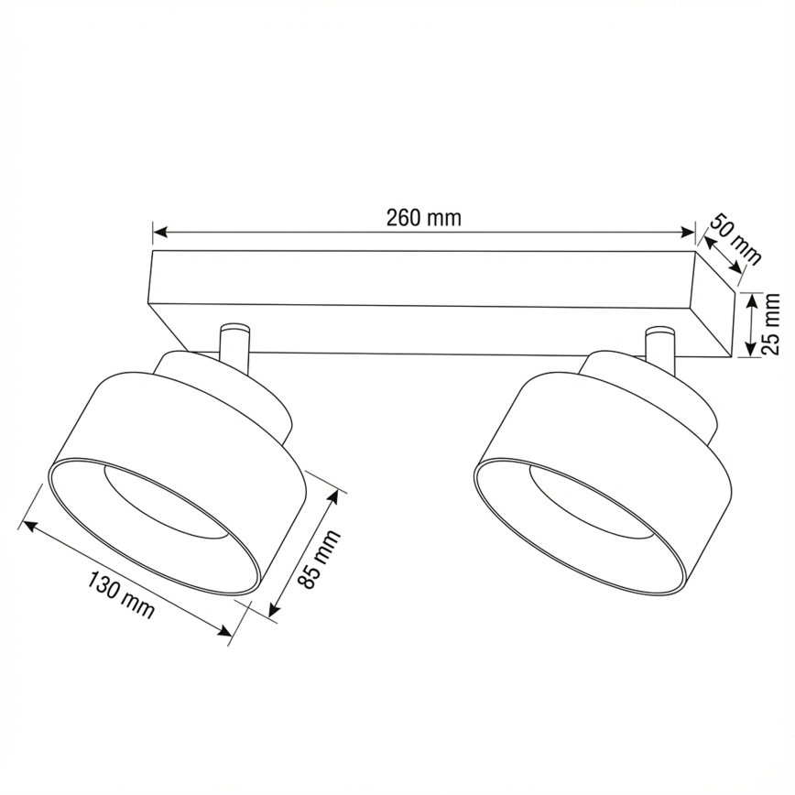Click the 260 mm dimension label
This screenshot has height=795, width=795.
tap(423, 217)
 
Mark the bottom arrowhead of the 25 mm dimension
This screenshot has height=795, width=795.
tap(751, 351)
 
